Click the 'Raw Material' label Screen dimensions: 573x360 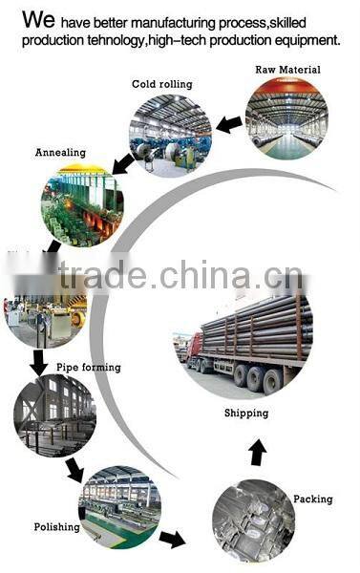pos(287,70)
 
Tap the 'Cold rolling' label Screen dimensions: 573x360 pos(161,84)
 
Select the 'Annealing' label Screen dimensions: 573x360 pos(60,152)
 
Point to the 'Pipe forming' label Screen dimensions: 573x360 pos(89,367)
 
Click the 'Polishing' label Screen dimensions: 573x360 pos(56,526)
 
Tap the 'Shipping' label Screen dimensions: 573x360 pos(245,414)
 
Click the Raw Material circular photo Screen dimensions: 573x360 pos(286,118)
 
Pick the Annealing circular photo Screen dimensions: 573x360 pos(82,205)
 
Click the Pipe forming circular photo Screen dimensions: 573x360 pos(54,414)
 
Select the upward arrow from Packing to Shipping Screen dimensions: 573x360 pos(257,452)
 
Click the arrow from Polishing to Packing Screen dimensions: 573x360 pos(172,540)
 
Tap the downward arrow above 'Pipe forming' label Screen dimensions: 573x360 pos(39,361)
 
